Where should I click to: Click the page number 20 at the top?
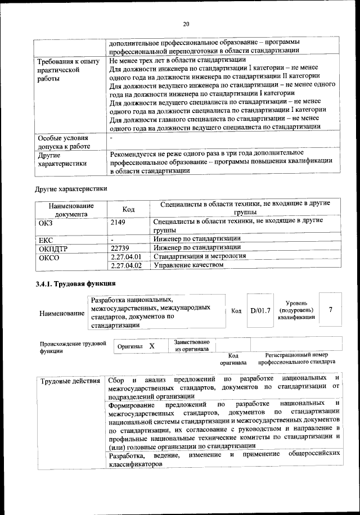pos(186,23)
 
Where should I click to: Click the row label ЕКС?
pos(46,240)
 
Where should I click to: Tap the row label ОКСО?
pos(48,257)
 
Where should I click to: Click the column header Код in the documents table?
pos(128,209)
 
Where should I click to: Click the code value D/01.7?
pos(260,311)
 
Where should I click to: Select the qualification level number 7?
pos(331,310)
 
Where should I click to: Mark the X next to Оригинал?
pos(152,346)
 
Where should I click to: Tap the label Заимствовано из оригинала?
pos(192,346)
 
